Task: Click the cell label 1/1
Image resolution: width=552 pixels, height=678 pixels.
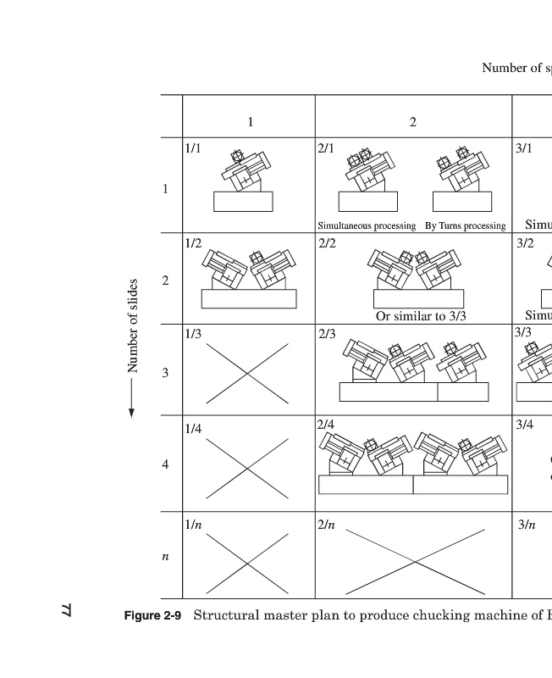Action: [193, 148]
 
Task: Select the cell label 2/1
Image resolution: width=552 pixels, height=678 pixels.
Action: [326, 148]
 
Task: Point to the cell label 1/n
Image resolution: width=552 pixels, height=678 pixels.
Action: [193, 525]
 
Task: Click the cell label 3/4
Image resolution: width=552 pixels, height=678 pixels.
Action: [526, 424]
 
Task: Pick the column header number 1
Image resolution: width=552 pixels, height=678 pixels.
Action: [250, 122]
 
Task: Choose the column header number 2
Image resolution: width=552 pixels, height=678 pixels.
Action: [413, 122]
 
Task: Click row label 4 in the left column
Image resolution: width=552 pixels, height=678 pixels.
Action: [165, 465]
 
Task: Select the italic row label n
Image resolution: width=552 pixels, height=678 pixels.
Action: [165, 557]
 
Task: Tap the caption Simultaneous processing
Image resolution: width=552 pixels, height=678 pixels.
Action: [367, 226]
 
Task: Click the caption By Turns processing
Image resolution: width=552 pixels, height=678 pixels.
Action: [465, 226]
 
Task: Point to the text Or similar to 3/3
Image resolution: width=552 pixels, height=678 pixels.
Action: [421, 316]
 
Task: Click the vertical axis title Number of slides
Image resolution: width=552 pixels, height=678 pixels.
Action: [133, 325]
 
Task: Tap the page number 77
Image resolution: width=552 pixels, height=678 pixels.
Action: [67, 609]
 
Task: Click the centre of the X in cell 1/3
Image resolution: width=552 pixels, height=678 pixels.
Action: [247, 374]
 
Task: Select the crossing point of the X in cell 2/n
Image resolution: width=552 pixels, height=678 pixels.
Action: [415, 563]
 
